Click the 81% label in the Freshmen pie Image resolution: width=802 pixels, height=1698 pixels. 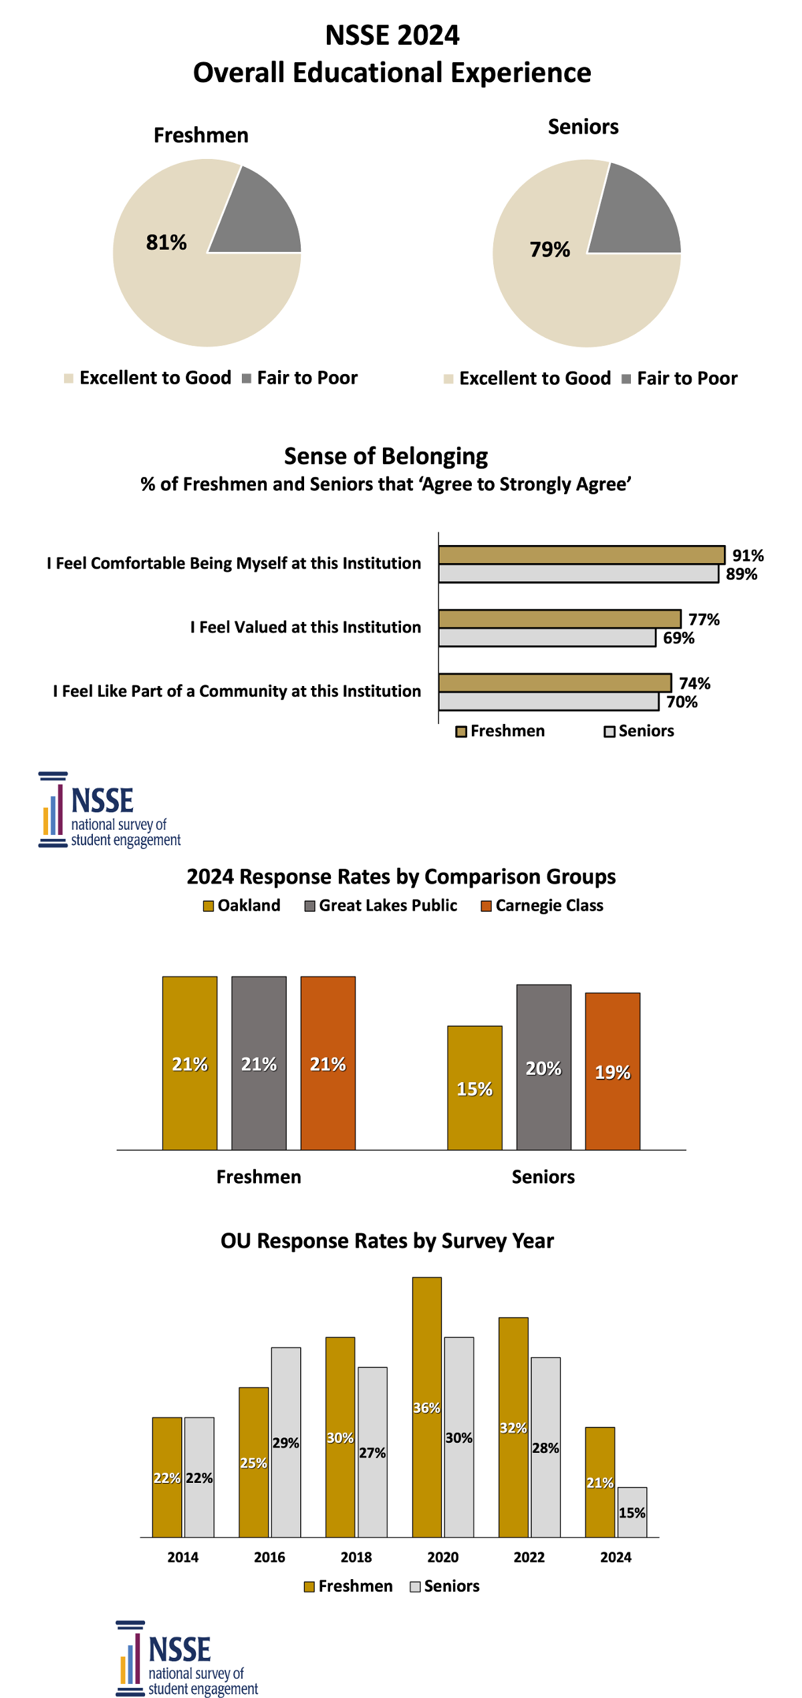166,242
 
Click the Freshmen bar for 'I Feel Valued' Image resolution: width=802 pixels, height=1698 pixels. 559,619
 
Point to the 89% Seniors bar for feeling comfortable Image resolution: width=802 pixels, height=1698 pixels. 578,574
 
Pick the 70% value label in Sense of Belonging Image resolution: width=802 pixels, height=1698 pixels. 682,702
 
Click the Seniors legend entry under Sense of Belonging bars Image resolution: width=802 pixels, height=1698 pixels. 639,731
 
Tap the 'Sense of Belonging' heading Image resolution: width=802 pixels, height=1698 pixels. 386,456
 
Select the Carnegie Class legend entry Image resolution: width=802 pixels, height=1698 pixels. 542,906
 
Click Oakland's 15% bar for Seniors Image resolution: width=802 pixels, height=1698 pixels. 475,1087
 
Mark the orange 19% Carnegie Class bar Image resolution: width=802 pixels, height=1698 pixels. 612,1071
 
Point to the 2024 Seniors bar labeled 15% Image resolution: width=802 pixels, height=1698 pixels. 632,1512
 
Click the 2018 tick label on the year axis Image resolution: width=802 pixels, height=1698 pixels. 356,1557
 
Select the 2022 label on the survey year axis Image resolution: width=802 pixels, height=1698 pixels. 529,1557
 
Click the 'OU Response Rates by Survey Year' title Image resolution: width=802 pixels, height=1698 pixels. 387,1241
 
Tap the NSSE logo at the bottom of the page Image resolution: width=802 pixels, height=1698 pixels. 186,1658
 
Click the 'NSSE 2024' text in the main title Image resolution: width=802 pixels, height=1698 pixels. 392,35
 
